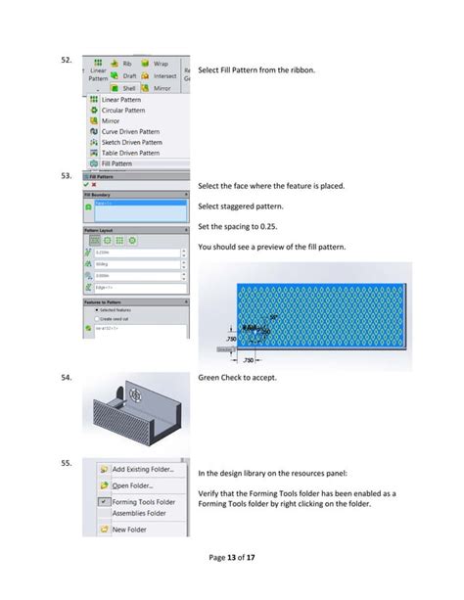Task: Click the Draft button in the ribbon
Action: coord(127,75)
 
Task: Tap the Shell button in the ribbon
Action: coord(127,87)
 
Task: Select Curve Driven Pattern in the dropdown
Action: coord(130,132)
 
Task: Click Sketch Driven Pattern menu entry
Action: coord(131,143)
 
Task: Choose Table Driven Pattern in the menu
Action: coord(130,153)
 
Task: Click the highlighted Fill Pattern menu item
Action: coord(117,163)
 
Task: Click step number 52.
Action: coord(67,60)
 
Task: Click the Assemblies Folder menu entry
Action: coord(138,513)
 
